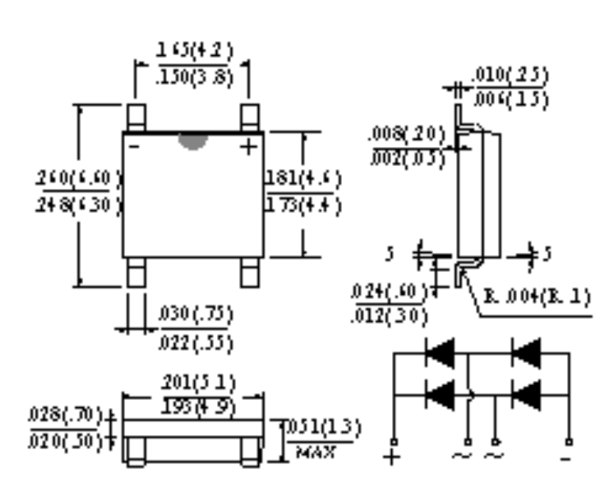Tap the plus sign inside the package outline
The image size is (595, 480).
(249, 146)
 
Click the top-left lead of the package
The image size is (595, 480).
(136, 117)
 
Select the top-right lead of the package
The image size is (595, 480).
(250, 117)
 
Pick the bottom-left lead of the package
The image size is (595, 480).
(136, 273)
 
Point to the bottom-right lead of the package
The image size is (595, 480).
(250, 273)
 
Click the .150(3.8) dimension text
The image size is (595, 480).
(194, 78)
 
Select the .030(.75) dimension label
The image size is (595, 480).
(196, 315)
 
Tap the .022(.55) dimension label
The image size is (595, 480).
(196, 343)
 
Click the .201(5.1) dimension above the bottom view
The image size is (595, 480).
(194, 382)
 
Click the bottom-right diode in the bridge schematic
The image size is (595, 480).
(525, 397)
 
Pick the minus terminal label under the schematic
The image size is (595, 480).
(568, 456)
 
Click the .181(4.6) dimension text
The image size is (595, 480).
(304, 177)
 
